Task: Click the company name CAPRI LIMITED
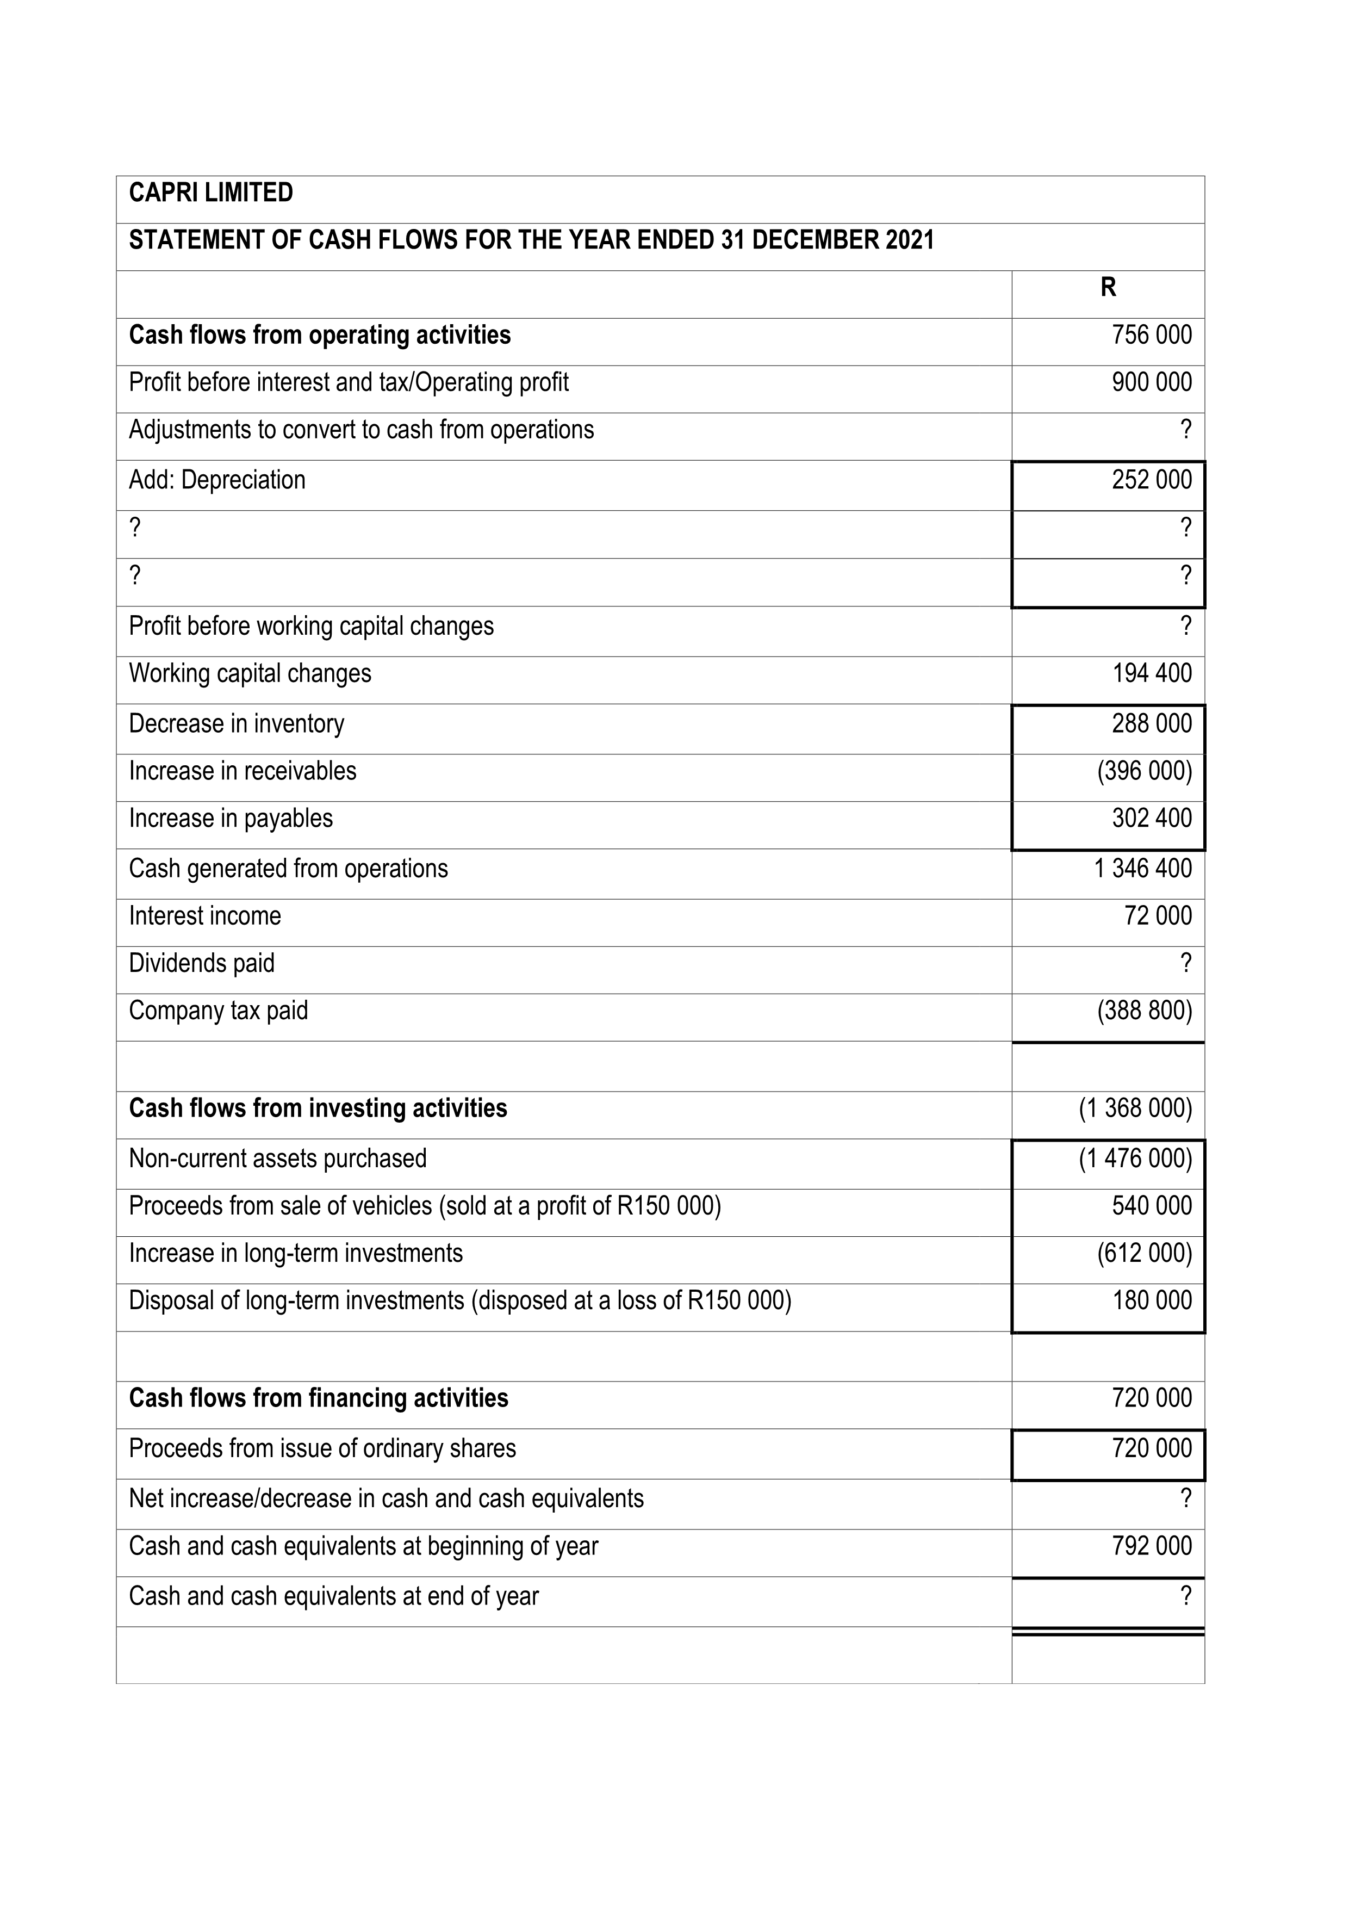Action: pos(211,193)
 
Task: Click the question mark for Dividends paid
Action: pos(1185,963)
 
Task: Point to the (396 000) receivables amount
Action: pos(1144,771)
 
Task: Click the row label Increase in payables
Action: pos(231,819)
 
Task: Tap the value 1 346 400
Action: pos(1142,869)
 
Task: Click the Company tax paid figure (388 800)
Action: pos(1144,1011)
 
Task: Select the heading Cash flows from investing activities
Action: pos(318,1108)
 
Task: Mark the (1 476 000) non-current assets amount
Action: pos(1135,1159)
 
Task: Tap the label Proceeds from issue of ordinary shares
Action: pos(322,1448)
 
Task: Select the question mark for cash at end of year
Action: pos(1185,1596)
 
